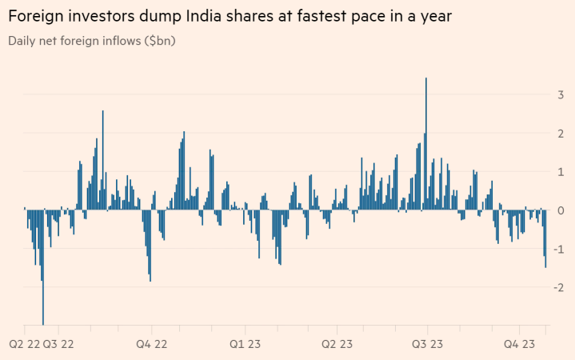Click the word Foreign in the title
tap(37, 16)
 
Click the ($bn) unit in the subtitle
tap(158, 40)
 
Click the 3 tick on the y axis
tap(559, 94)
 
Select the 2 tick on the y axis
tap(559, 133)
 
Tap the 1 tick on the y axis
tap(559, 171)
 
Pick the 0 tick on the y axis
tap(559, 210)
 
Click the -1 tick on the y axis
tap(557, 249)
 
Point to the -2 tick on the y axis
tap(557, 287)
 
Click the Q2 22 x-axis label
tap(24, 345)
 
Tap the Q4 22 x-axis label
tap(150, 345)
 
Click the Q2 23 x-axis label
tap(337, 345)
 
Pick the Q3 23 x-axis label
tap(427, 345)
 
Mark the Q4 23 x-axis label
tap(520, 345)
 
